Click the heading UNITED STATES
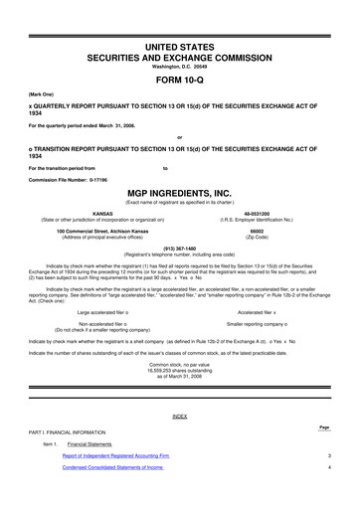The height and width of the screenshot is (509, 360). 180,47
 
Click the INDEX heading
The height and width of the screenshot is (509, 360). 180,415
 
